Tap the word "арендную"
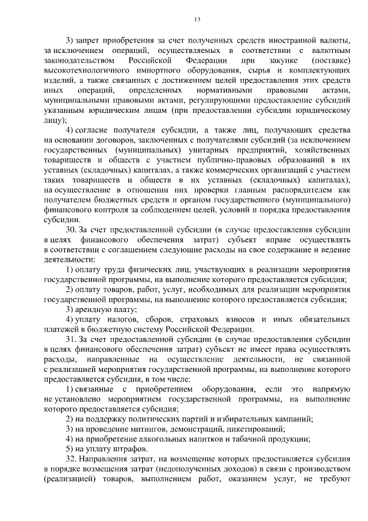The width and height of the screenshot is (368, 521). (92, 310)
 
